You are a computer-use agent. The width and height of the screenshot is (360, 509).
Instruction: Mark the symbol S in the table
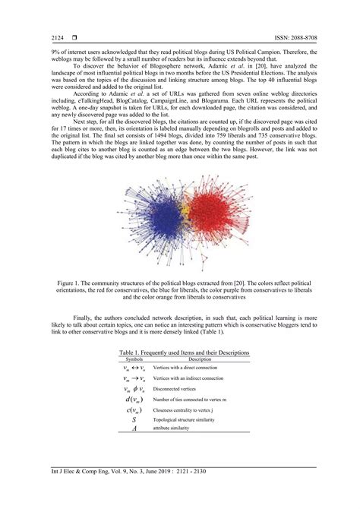pos(134,419)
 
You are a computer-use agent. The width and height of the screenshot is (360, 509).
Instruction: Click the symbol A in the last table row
pos(134,429)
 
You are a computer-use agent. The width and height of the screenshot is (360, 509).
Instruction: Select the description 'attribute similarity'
pos(177,429)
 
